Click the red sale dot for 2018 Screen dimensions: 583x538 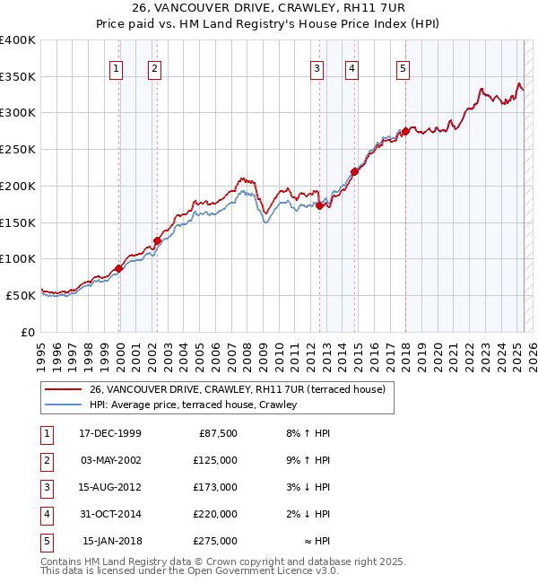[x=405, y=132]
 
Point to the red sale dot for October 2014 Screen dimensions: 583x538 [x=354, y=171]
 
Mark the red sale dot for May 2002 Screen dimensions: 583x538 [x=157, y=240]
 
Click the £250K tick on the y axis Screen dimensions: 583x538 [x=18, y=150]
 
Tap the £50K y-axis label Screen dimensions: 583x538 [x=21, y=295]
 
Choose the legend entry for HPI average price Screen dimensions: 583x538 [x=193, y=405]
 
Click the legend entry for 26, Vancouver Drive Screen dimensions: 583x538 [x=237, y=389]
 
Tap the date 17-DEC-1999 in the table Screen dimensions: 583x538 [x=110, y=433]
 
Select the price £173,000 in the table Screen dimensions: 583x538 [x=215, y=487]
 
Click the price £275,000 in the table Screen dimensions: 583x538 [x=215, y=541]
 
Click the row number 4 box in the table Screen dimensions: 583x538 [x=45, y=514]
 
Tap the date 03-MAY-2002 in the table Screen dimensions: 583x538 [x=110, y=460]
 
